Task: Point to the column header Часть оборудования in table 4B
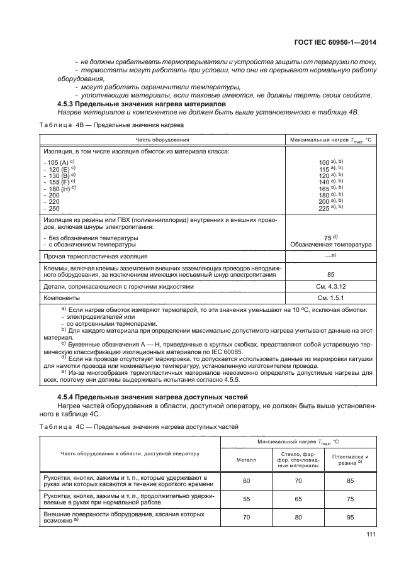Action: coord(162,140)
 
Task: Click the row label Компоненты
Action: coord(62,297)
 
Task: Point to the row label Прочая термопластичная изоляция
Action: coord(96,257)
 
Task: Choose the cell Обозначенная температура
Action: coord(330,244)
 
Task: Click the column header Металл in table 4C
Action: coord(247,460)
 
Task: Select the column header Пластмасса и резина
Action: coord(349,460)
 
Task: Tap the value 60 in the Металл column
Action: coord(247,480)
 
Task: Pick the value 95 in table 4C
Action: coord(349,518)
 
